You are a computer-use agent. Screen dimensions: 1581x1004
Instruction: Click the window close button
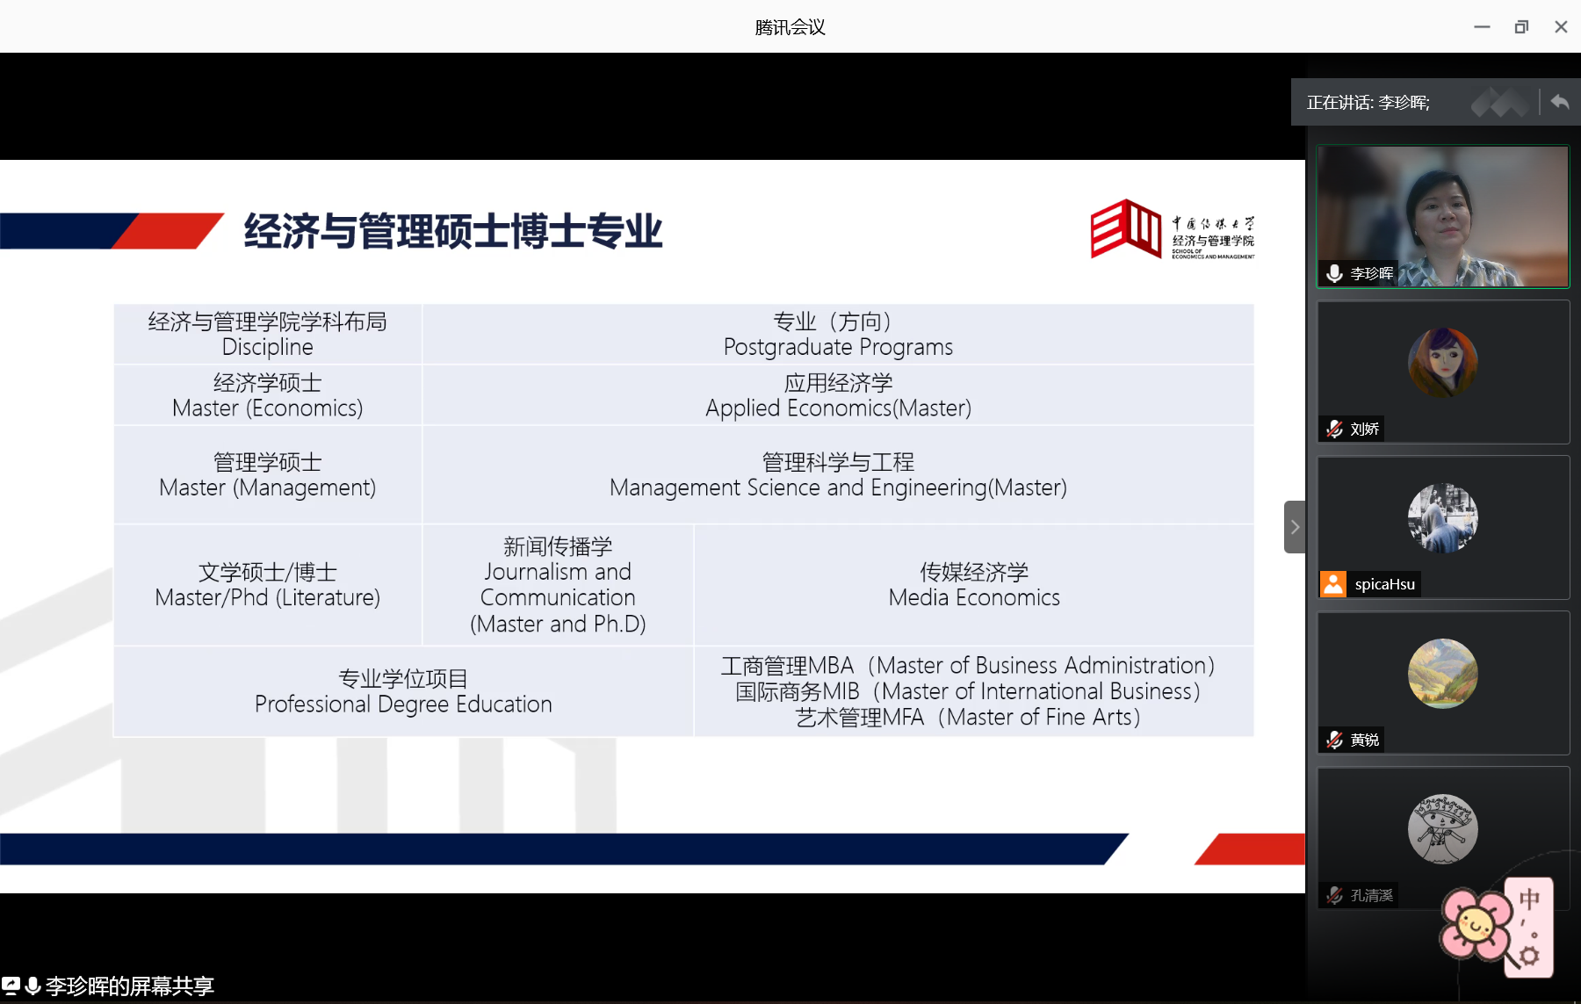tap(1561, 27)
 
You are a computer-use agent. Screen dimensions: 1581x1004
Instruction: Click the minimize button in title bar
tap(1482, 27)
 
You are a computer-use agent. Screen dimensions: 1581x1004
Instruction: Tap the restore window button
tap(1521, 27)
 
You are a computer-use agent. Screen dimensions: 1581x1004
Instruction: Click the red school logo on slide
tap(1125, 228)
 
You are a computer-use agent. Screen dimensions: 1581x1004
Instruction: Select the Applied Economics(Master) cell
tap(838, 395)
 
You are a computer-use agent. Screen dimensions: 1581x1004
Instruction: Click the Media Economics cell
tap(974, 585)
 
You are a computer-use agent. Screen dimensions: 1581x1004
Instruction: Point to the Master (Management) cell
tap(268, 475)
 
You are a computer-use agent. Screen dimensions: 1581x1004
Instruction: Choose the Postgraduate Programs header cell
tap(838, 335)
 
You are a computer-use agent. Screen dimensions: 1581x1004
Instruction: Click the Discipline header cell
tap(268, 335)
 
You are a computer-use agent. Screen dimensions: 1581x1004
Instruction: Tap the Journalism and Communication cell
tap(558, 585)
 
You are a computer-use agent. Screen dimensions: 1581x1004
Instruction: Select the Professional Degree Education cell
tap(403, 691)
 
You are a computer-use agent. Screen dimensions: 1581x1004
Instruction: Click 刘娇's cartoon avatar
tap(1443, 363)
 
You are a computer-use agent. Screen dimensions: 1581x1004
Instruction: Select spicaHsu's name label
tap(1384, 584)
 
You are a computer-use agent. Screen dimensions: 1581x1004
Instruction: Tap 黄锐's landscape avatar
tap(1443, 674)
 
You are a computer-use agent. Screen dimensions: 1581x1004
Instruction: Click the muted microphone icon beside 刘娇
tap(1334, 429)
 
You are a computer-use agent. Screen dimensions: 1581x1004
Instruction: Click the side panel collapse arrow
tap(1295, 527)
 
